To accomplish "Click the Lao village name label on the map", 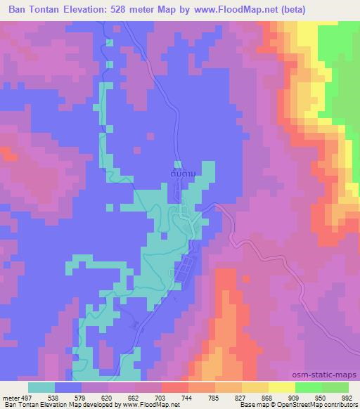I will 181,170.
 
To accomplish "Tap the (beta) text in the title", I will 339,10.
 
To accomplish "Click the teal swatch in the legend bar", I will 41,387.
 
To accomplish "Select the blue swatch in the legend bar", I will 68,387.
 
